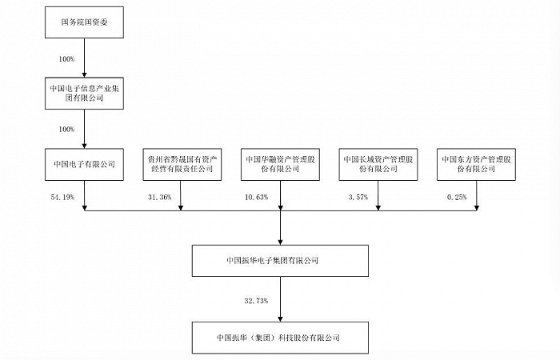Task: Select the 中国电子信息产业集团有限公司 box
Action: click(84, 94)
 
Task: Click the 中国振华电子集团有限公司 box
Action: click(280, 261)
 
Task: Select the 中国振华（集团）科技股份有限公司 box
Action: click(280, 337)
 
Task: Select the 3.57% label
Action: click(358, 196)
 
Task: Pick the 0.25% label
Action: click(455, 196)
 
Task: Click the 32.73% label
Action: click(257, 300)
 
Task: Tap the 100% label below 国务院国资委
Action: click(66, 59)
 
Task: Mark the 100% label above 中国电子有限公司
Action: click(66, 129)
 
